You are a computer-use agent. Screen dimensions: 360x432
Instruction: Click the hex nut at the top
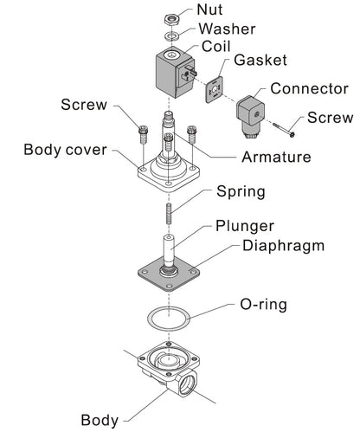(x=172, y=19)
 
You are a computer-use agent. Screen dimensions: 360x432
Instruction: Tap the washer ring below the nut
(x=171, y=36)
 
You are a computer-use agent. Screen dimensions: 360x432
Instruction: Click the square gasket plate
(x=215, y=90)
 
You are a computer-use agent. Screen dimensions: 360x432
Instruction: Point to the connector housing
(x=250, y=115)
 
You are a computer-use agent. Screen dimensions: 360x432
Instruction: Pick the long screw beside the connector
(x=284, y=129)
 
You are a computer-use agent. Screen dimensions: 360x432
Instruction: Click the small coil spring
(x=169, y=214)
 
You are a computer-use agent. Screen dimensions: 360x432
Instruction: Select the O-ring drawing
(x=169, y=319)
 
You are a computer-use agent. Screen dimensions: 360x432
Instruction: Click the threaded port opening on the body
(x=185, y=384)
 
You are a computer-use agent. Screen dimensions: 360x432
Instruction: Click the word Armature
(x=276, y=158)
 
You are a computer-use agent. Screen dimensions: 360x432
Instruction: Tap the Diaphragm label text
(x=284, y=246)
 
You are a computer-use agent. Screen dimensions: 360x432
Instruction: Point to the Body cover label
(x=65, y=150)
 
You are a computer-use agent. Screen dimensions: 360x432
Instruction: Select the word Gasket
(x=260, y=61)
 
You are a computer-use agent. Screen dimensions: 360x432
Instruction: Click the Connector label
(x=309, y=88)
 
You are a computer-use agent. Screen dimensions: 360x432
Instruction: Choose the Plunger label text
(x=245, y=226)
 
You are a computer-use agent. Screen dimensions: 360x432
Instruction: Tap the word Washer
(x=227, y=29)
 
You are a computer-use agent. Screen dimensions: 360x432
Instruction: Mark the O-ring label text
(x=264, y=305)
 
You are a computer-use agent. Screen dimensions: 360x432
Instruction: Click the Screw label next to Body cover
(x=84, y=105)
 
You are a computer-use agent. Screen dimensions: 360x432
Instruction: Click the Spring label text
(x=241, y=192)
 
